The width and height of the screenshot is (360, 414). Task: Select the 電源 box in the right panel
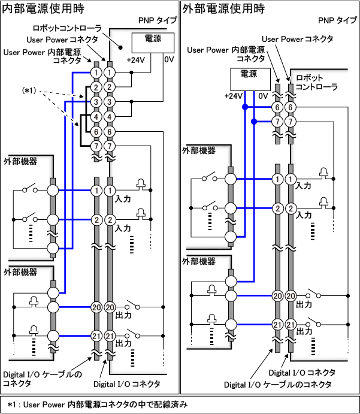pos(252,75)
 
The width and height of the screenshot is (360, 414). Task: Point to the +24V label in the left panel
pos(135,59)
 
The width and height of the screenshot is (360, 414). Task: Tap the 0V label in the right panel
pos(263,95)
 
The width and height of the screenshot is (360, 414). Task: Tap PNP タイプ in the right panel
pos(338,20)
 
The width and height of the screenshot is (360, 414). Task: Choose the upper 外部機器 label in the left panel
pos(20,162)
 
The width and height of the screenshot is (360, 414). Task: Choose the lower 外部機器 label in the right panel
pos(200,261)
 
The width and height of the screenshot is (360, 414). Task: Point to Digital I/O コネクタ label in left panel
pos(127,384)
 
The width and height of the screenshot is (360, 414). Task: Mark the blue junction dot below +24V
pos(244,108)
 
